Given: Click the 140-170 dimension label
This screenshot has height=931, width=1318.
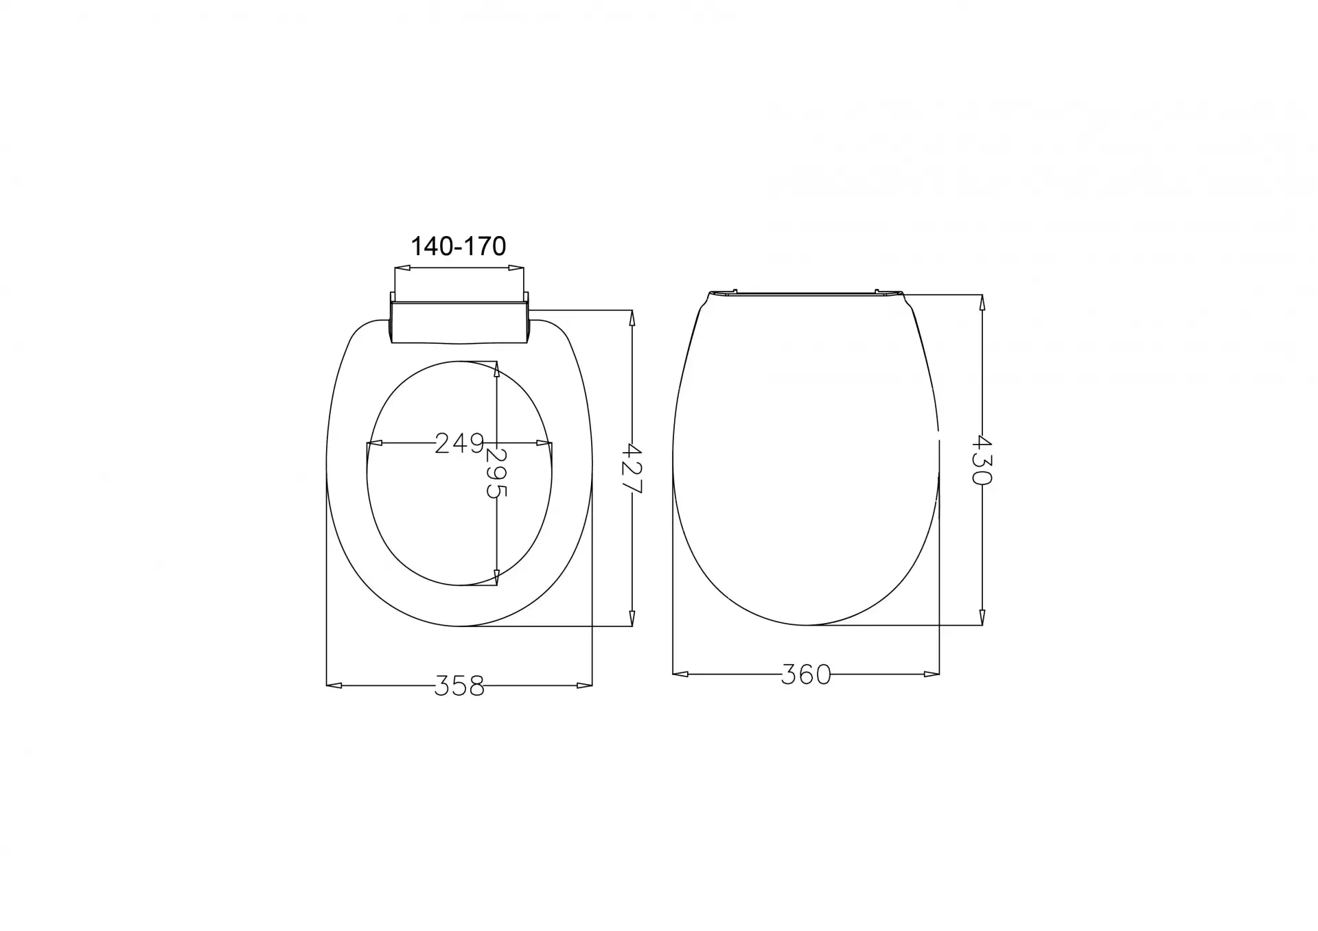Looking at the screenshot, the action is (x=458, y=246).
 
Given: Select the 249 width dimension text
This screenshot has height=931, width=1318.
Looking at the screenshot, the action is (x=460, y=443).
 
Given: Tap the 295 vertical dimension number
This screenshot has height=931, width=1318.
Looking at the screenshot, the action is (x=496, y=473).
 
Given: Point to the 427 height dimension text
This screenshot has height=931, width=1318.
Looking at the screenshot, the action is (x=632, y=469).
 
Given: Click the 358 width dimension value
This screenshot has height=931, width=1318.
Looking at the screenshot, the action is (x=459, y=685).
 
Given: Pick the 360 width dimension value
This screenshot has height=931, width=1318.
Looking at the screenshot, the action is (x=806, y=674).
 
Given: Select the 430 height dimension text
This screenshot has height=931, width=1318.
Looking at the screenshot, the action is (x=982, y=460).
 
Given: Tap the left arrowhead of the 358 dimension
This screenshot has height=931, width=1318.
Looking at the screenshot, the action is (x=334, y=685).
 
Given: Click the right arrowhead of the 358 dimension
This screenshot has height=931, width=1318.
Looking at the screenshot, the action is (x=584, y=685).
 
